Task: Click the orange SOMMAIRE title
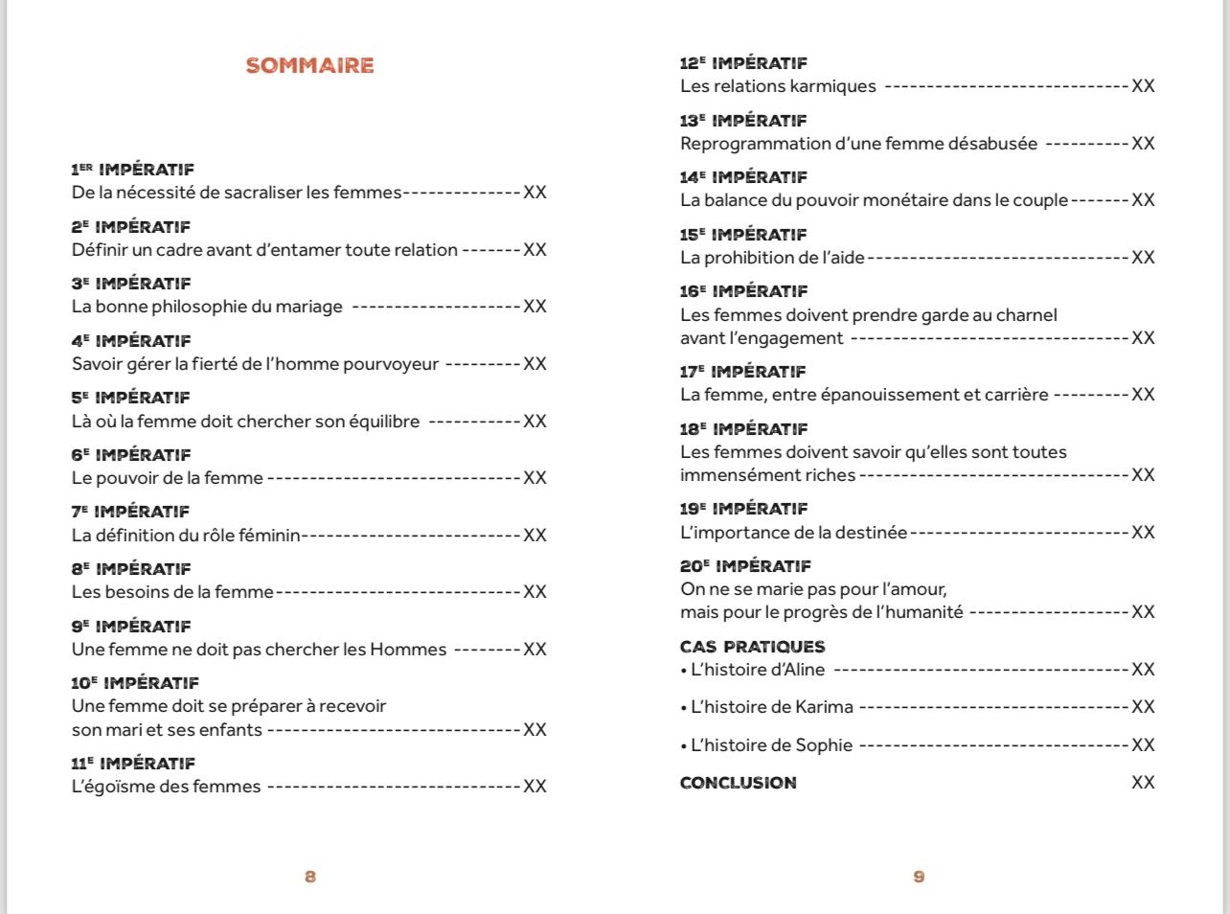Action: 309,66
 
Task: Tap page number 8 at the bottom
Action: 310,877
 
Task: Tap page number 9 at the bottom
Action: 919,877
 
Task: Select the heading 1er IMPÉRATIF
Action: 132,170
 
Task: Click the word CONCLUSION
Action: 738,783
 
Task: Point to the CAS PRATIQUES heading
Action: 752,647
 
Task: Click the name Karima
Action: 824,707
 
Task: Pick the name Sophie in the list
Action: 824,745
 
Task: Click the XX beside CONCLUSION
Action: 1143,783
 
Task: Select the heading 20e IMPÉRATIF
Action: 745,566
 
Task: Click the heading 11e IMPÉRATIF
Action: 132,764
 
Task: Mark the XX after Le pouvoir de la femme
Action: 535,478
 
